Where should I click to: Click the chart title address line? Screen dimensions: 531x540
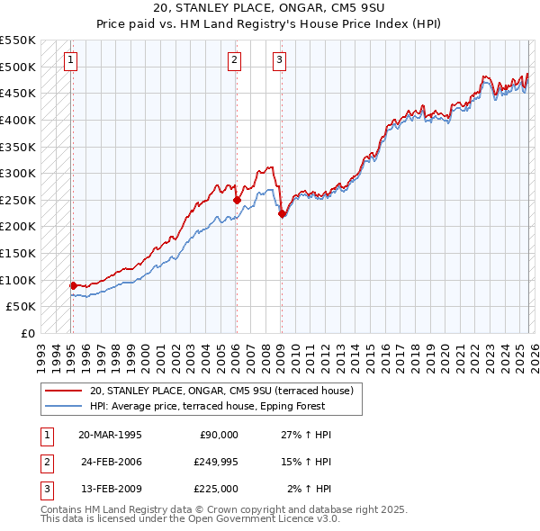click(270, 8)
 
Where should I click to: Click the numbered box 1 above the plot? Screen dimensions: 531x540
click(70, 60)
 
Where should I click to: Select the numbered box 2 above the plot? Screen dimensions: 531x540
click(234, 60)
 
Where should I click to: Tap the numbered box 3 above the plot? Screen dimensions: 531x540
click(279, 60)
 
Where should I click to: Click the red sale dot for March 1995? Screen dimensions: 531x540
click(73, 285)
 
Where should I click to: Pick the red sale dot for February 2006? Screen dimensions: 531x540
click(237, 200)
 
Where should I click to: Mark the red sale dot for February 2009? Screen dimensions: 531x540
click(282, 213)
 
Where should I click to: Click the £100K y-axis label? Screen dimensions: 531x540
click(20, 280)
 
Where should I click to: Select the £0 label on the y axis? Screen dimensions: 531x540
click(27, 333)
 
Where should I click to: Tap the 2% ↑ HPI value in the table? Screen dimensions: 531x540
click(310, 489)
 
